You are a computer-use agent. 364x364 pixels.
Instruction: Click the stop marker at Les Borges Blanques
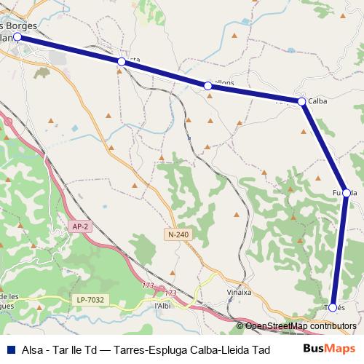[17, 36]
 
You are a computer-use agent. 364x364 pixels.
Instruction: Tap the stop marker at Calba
[301, 101]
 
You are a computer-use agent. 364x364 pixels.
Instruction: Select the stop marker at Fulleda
[347, 193]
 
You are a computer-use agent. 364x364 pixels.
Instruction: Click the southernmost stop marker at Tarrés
[333, 307]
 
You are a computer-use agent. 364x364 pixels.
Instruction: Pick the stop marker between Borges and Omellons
[122, 63]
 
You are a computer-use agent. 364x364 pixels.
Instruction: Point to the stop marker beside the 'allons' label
[208, 86]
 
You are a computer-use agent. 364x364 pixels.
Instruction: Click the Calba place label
[317, 101]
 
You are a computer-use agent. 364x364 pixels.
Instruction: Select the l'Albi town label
[162, 306]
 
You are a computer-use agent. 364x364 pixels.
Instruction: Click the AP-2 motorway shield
[81, 226]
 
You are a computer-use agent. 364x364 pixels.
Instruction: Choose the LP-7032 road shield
[91, 299]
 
